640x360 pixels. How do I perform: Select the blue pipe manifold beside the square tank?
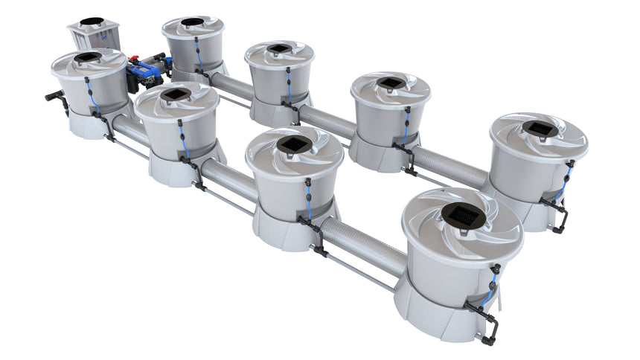(147, 70)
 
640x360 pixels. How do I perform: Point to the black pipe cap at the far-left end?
(52, 96)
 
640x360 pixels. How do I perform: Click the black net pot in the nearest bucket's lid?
(463, 215)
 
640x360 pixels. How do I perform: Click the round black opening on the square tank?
(92, 21)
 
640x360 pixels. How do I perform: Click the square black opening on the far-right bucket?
(539, 128)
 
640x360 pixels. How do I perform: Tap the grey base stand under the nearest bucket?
(432, 312)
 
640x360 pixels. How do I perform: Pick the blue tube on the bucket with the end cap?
(91, 96)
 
